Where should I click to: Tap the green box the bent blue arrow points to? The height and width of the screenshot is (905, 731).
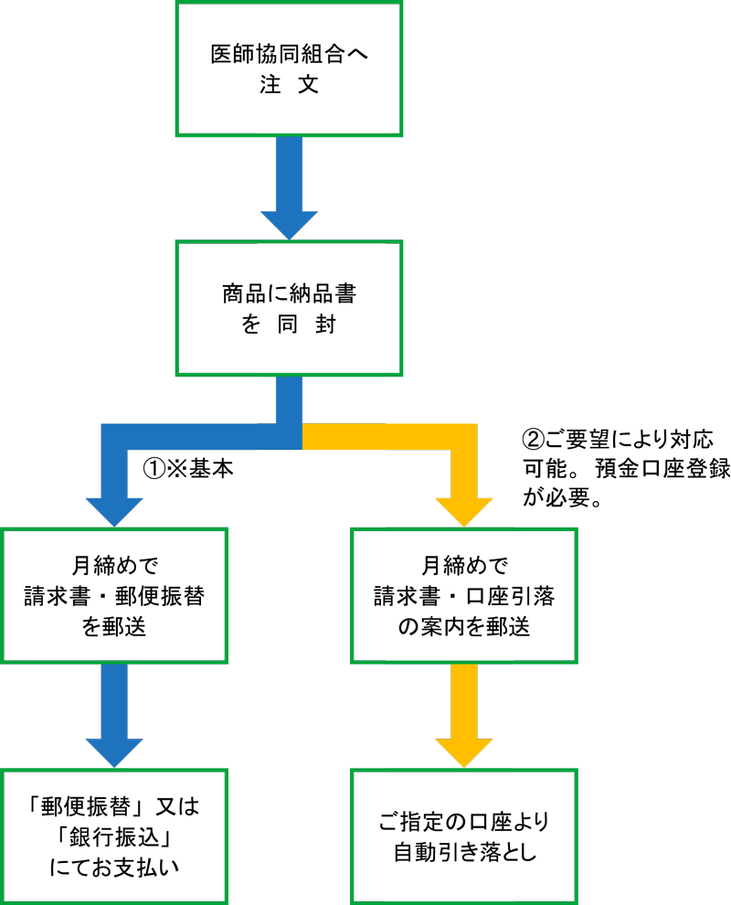click(114, 595)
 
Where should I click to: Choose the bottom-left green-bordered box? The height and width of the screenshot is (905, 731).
click(114, 836)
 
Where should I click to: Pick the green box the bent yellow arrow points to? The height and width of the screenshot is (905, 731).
click(464, 585)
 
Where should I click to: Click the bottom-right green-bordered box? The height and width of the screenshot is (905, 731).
click(464, 818)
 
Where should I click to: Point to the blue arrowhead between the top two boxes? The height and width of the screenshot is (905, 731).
click(289, 223)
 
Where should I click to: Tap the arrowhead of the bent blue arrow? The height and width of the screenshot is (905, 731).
click(114, 510)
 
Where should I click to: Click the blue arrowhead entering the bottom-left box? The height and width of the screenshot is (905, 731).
click(114, 751)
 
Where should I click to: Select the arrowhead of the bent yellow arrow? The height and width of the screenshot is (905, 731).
click(464, 510)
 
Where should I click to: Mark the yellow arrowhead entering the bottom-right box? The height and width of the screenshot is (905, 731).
click(464, 751)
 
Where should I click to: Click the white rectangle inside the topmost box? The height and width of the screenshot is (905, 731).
click(321, 112)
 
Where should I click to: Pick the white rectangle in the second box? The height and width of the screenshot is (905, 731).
click(321, 263)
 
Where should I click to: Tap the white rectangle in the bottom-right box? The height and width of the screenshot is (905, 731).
click(450, 881)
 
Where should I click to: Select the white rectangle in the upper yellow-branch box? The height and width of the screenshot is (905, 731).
click(450, 648)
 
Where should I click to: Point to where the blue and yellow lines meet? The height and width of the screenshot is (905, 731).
click(302, 437)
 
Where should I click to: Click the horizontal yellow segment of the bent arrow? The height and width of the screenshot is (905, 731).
click(384, 437)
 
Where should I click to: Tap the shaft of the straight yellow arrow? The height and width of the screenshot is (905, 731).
click(464, 699)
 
